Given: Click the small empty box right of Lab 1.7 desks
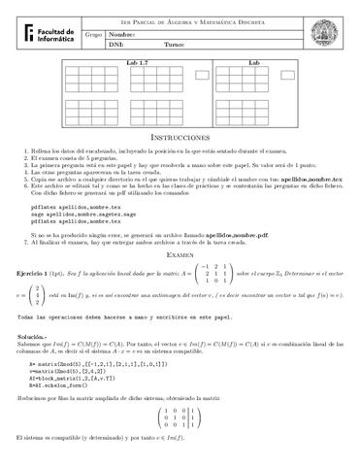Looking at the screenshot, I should pos(202,74).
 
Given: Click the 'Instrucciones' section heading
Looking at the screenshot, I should pos(180,139).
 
